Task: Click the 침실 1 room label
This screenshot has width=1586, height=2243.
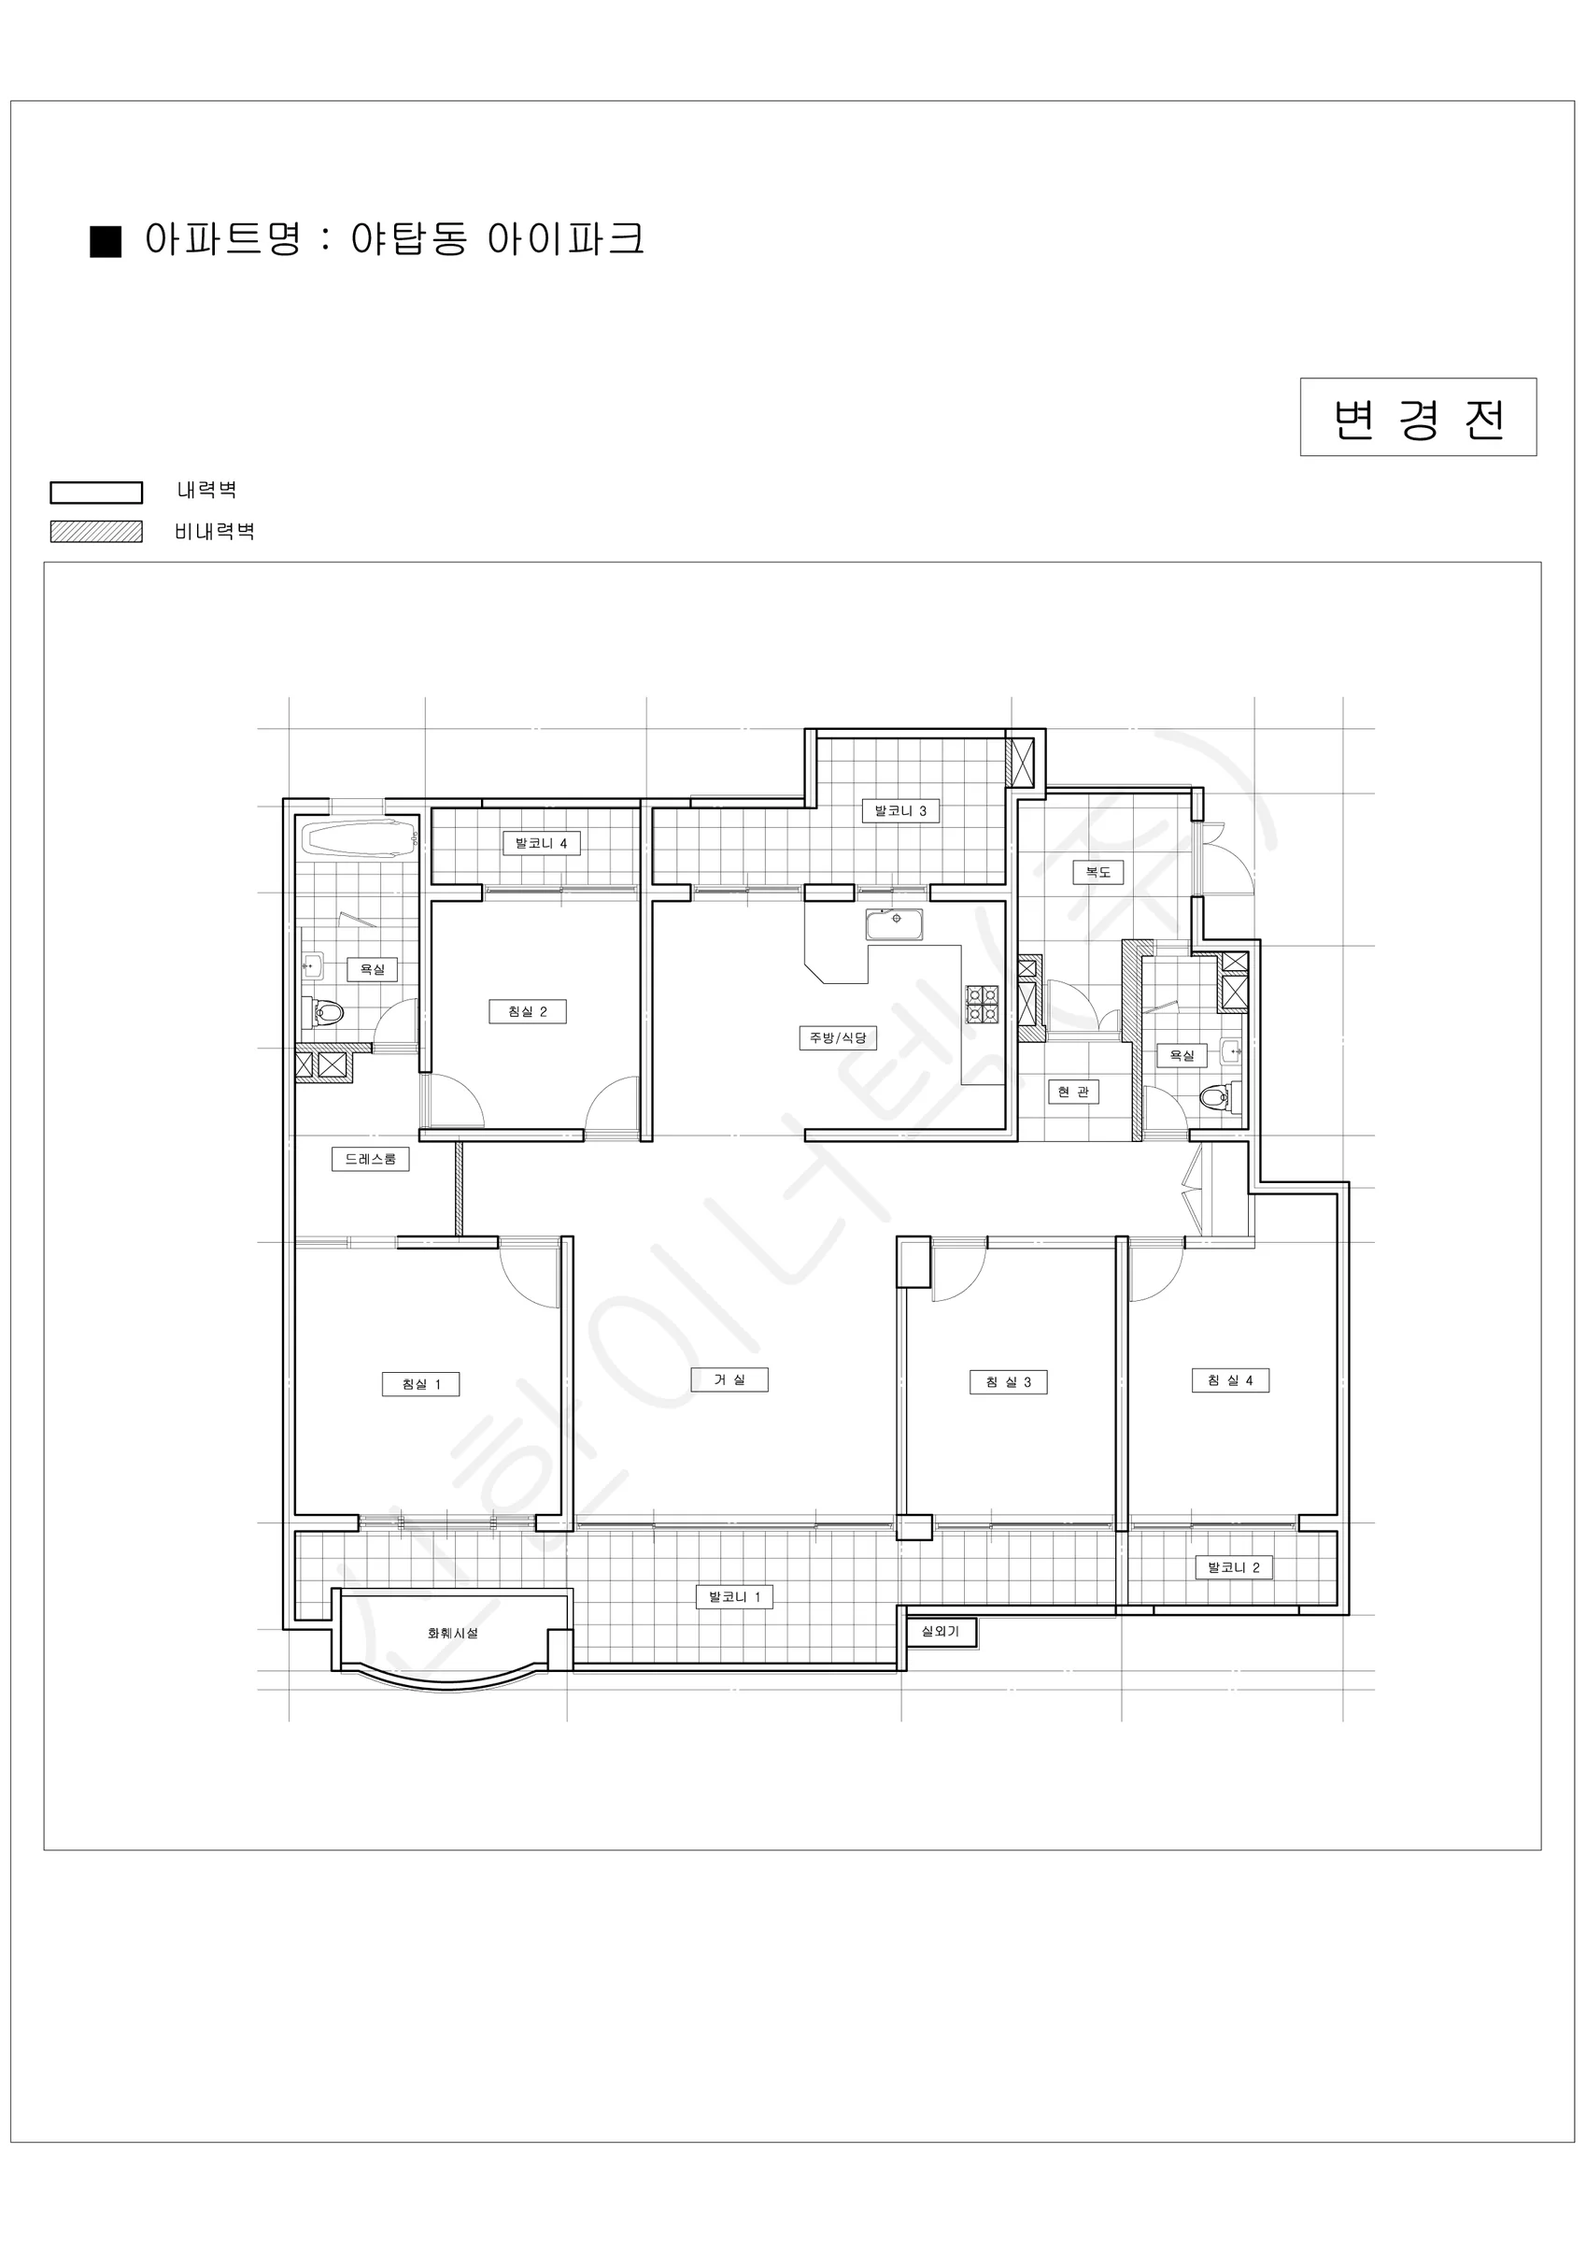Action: point(421,1384)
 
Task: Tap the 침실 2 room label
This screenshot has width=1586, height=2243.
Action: point(528,1011)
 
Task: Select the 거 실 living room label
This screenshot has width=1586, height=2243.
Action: point(729,1379)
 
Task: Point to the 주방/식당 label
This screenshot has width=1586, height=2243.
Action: point(838,1037)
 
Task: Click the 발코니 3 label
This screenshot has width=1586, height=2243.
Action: point(900,811)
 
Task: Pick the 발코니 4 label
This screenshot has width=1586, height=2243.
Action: point(542,843)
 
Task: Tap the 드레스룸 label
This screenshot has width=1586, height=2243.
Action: point(370,1159)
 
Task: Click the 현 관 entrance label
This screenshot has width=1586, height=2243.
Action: point(1073,1092)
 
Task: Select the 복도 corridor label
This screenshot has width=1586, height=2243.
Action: point(1098,871)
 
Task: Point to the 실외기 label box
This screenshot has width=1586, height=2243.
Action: point(942,1633)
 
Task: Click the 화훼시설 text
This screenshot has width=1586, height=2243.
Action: point(453,1634)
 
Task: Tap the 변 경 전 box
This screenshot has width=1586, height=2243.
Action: point(1418,417)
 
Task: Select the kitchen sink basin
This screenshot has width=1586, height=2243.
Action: point(894,924)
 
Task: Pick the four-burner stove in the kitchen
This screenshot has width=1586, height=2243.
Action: point(983,1005)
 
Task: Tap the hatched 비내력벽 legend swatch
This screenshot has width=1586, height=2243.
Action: point(97,532)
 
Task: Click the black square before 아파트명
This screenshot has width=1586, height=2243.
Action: point(106,241)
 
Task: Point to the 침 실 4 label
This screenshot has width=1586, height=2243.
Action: point(1230,1380)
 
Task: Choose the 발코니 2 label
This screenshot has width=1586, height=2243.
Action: point(1235,1567)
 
